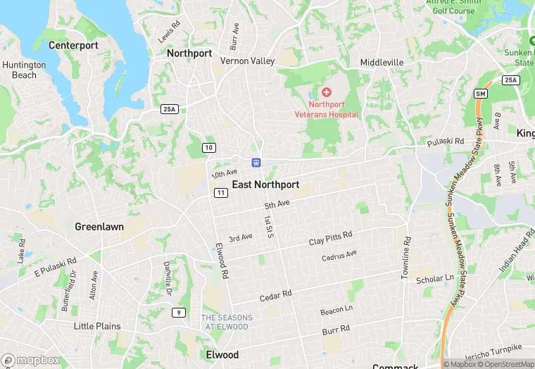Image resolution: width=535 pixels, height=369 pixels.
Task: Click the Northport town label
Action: click(x=189, y=53)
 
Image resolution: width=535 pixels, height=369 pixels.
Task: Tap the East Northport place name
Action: click(x=265, y=184)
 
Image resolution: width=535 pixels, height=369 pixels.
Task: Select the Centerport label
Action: click(x=73, y=45)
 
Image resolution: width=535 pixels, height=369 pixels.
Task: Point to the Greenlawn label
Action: click(x=99, y=227)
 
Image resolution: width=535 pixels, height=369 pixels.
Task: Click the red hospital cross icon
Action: click(x=326, y=92)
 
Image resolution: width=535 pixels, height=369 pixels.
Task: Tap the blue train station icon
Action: click(x=258, y=163)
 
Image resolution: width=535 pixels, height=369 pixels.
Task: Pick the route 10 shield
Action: click(x=208, y=147)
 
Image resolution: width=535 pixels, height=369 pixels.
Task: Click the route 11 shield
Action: click(x=221, y=193)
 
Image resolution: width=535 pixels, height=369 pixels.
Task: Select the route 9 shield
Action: click(x=180, y=313)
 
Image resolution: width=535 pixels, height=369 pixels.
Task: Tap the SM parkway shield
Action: click(x=481, y=94)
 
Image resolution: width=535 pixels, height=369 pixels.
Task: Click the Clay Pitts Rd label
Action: click(x=330, y=238)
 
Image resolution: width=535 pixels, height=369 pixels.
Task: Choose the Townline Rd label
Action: click(x=406, y=258)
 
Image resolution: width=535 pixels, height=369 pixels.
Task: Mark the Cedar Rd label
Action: click(x=276, y=296)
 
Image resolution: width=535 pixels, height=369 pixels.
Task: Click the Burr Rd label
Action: click(x=336, y=330)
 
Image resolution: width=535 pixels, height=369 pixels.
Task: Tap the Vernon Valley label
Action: click(x=247, y=61)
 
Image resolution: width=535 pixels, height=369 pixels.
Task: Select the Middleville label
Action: click(x=382, y=62)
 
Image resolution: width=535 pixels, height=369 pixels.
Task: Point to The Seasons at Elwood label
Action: click(x=225, y=322)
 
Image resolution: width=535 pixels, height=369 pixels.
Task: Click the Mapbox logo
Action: click(x=31, y=360)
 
